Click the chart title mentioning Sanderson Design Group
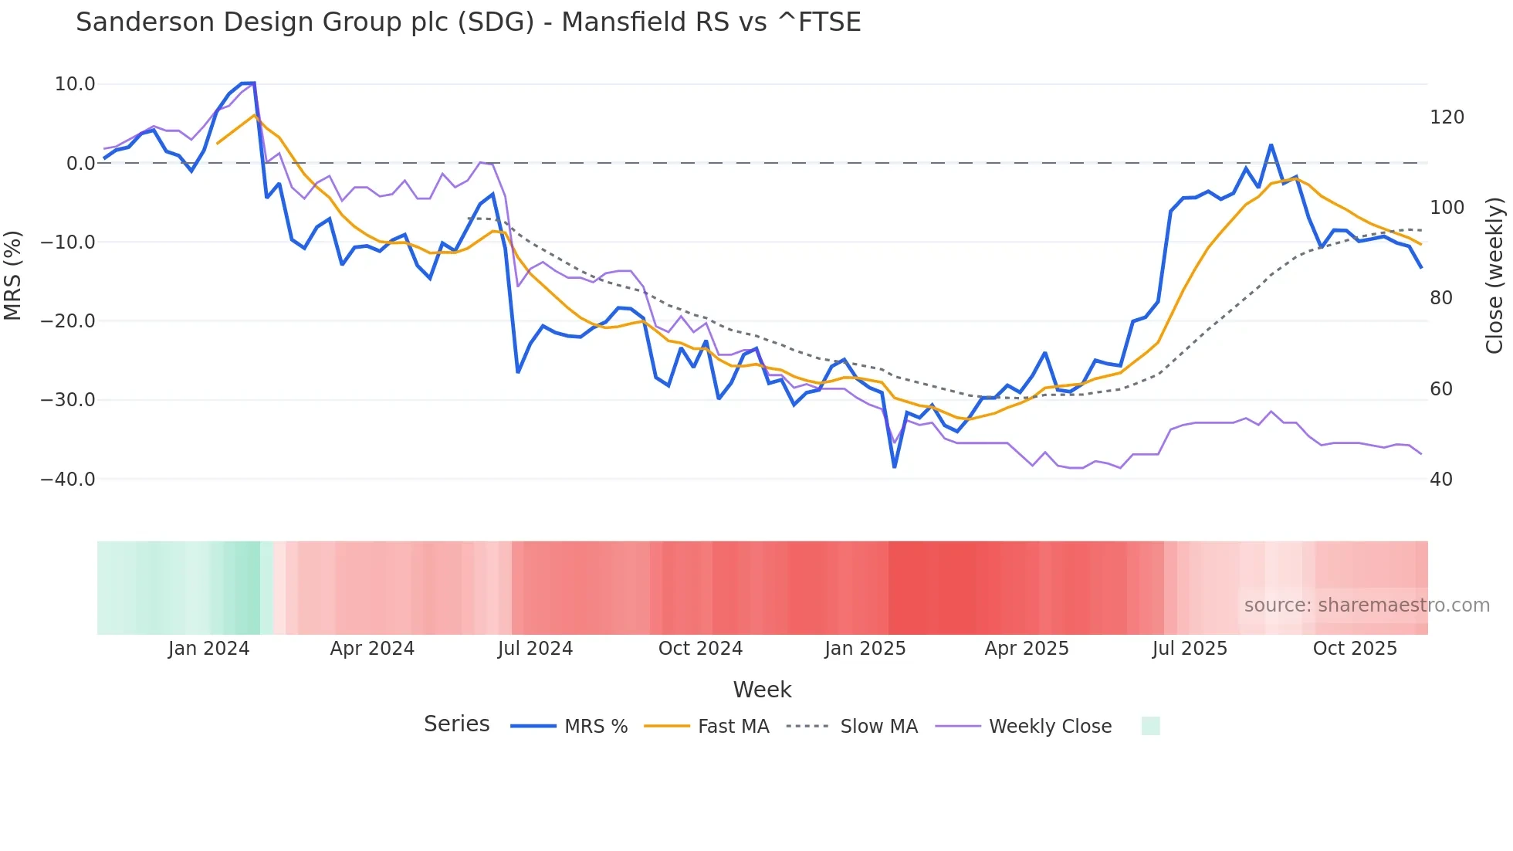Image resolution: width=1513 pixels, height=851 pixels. (468, 22)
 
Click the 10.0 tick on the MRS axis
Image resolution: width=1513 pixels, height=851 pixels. (75, 84)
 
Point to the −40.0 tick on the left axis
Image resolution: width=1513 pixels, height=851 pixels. (68, 480)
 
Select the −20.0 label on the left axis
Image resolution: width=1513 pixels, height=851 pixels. (68, 321)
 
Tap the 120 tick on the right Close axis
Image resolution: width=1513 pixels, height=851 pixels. (1447, 117)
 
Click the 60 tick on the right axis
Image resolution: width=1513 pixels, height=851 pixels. (1441, 389)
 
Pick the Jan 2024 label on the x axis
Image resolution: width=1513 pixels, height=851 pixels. (208, 649)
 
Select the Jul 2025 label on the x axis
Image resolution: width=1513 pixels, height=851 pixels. (1190, 649)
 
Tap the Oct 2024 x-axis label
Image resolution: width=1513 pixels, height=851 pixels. (700, 649)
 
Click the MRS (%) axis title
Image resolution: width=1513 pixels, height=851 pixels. (13, 276)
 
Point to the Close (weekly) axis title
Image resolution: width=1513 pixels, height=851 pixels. (1495, 276)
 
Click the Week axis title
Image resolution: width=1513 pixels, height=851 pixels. (762, 690)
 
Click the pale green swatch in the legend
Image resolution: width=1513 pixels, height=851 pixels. (1150, 726)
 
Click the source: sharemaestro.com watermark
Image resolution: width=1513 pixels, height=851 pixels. (1366, 605)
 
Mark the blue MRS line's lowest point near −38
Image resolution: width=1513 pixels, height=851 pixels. (895, 466)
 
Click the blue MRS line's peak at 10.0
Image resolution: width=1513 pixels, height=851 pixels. (249, 83)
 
